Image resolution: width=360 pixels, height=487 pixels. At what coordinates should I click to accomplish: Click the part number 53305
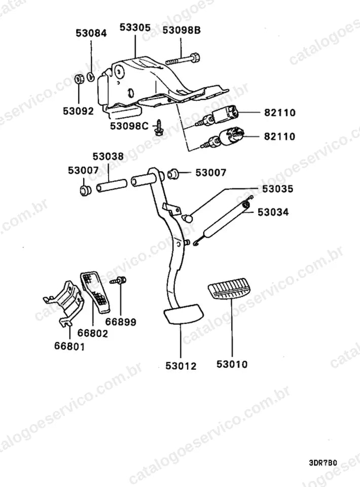tap(135, 27)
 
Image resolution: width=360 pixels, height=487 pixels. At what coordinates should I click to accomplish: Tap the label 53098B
tap(182, 30)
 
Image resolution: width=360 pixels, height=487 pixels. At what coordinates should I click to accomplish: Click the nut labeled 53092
tap(80, 79)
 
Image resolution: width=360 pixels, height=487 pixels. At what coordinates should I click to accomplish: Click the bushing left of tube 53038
tap(84, 190)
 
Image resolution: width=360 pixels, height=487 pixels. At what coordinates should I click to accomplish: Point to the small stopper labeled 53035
tap(188, 218)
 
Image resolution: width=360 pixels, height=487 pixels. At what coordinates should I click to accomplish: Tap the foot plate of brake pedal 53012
tap(183, 314)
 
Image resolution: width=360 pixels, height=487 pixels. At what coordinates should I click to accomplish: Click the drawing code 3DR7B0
tap(323, 463)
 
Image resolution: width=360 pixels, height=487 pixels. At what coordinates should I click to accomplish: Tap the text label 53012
tap(181, 366)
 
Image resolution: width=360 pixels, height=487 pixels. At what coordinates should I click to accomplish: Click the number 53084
tap(91, 33)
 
